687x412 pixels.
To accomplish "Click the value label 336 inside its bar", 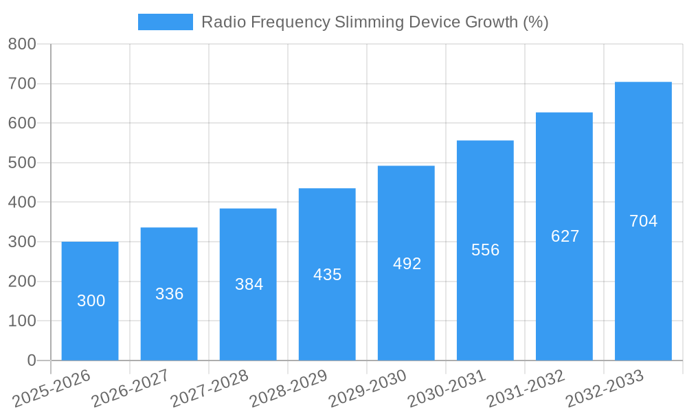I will point(169,294).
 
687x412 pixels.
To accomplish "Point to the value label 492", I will point(407,264).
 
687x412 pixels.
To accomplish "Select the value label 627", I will point(565,236).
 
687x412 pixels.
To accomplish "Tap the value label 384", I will point(249,284).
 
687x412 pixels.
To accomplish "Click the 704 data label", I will point(643,221).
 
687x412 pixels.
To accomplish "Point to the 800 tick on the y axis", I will point(22,44).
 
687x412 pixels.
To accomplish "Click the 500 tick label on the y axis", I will point(22,163).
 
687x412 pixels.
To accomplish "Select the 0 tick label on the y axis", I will point(32,360).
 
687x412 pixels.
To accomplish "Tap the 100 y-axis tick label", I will point(22,321).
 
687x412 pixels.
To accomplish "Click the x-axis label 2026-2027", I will point(131,389).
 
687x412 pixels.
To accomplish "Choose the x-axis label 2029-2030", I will point(368,389).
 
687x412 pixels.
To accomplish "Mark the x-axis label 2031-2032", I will point(526,389).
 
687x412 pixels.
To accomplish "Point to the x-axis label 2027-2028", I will point(210,389).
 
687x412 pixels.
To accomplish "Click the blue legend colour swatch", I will point(166,22).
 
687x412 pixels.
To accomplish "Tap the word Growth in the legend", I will point(491,22).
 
